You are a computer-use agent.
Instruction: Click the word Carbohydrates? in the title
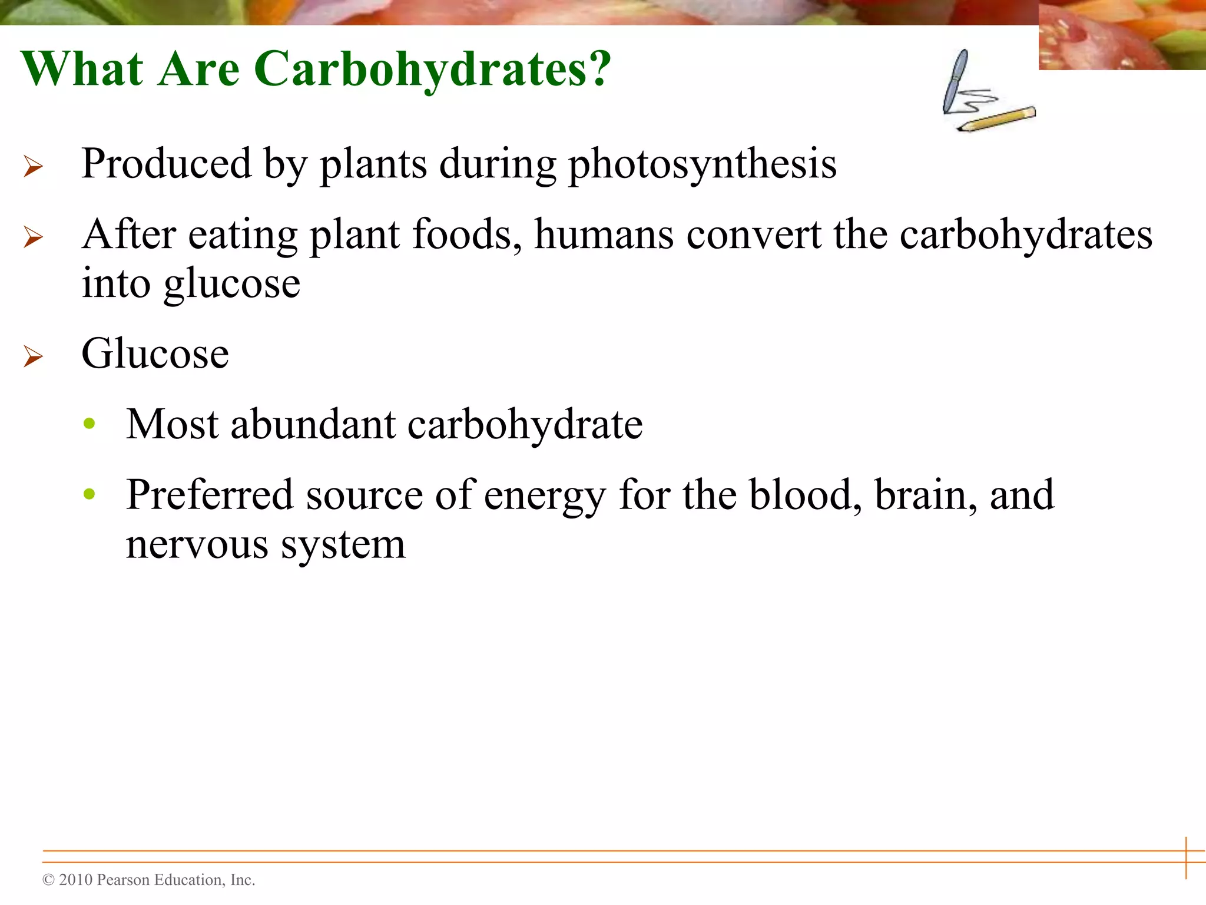coord(433,70)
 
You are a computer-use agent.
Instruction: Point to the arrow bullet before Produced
coord(33,167)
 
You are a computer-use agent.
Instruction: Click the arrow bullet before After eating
coord(33,237)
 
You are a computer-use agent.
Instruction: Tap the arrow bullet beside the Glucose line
coord(33,356)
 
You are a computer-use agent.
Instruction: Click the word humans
coord(604,235)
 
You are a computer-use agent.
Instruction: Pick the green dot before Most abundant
coord(90,423)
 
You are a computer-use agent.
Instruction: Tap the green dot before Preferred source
coord(90,493)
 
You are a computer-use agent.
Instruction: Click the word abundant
coord(313,425)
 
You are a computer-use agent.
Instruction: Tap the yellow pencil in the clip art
coord(996,119)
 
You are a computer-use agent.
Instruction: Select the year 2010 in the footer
coord(76,880)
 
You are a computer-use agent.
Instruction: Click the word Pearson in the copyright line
coord(122,880)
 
